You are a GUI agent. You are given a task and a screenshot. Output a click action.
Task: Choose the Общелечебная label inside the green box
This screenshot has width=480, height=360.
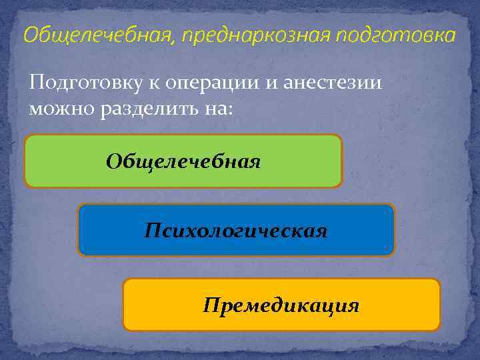pyautogui.click(x=183, y=161)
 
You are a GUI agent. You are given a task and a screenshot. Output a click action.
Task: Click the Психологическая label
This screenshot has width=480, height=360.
pyautogui.click(x=236, y=231)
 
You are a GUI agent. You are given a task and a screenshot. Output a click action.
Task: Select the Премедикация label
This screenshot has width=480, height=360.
pyautogui.click(x=281, y=305)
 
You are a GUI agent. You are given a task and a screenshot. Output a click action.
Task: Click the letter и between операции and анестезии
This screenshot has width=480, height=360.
pyautogui.click(x=272, y=84)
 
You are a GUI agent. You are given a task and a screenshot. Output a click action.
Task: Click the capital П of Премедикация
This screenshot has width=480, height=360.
pyautogui.click(x=211, y=305)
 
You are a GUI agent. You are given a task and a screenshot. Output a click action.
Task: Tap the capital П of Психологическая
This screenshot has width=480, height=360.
pyautogui.click(x=152, y=231)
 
